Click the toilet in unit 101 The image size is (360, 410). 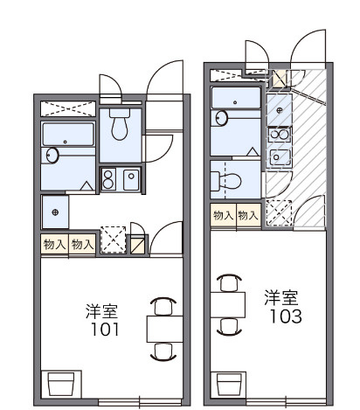120,127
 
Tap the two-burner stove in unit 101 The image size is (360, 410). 109,178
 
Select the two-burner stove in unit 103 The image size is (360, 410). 280,134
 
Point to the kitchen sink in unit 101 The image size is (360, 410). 129,178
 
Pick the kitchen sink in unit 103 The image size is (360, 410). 280,157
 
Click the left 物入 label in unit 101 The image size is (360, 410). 53,244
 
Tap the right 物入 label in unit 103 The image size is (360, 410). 248,215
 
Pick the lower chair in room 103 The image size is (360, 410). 229,326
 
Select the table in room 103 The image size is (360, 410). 229,303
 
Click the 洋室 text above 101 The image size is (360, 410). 102,311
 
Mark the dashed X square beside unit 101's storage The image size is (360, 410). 112,240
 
